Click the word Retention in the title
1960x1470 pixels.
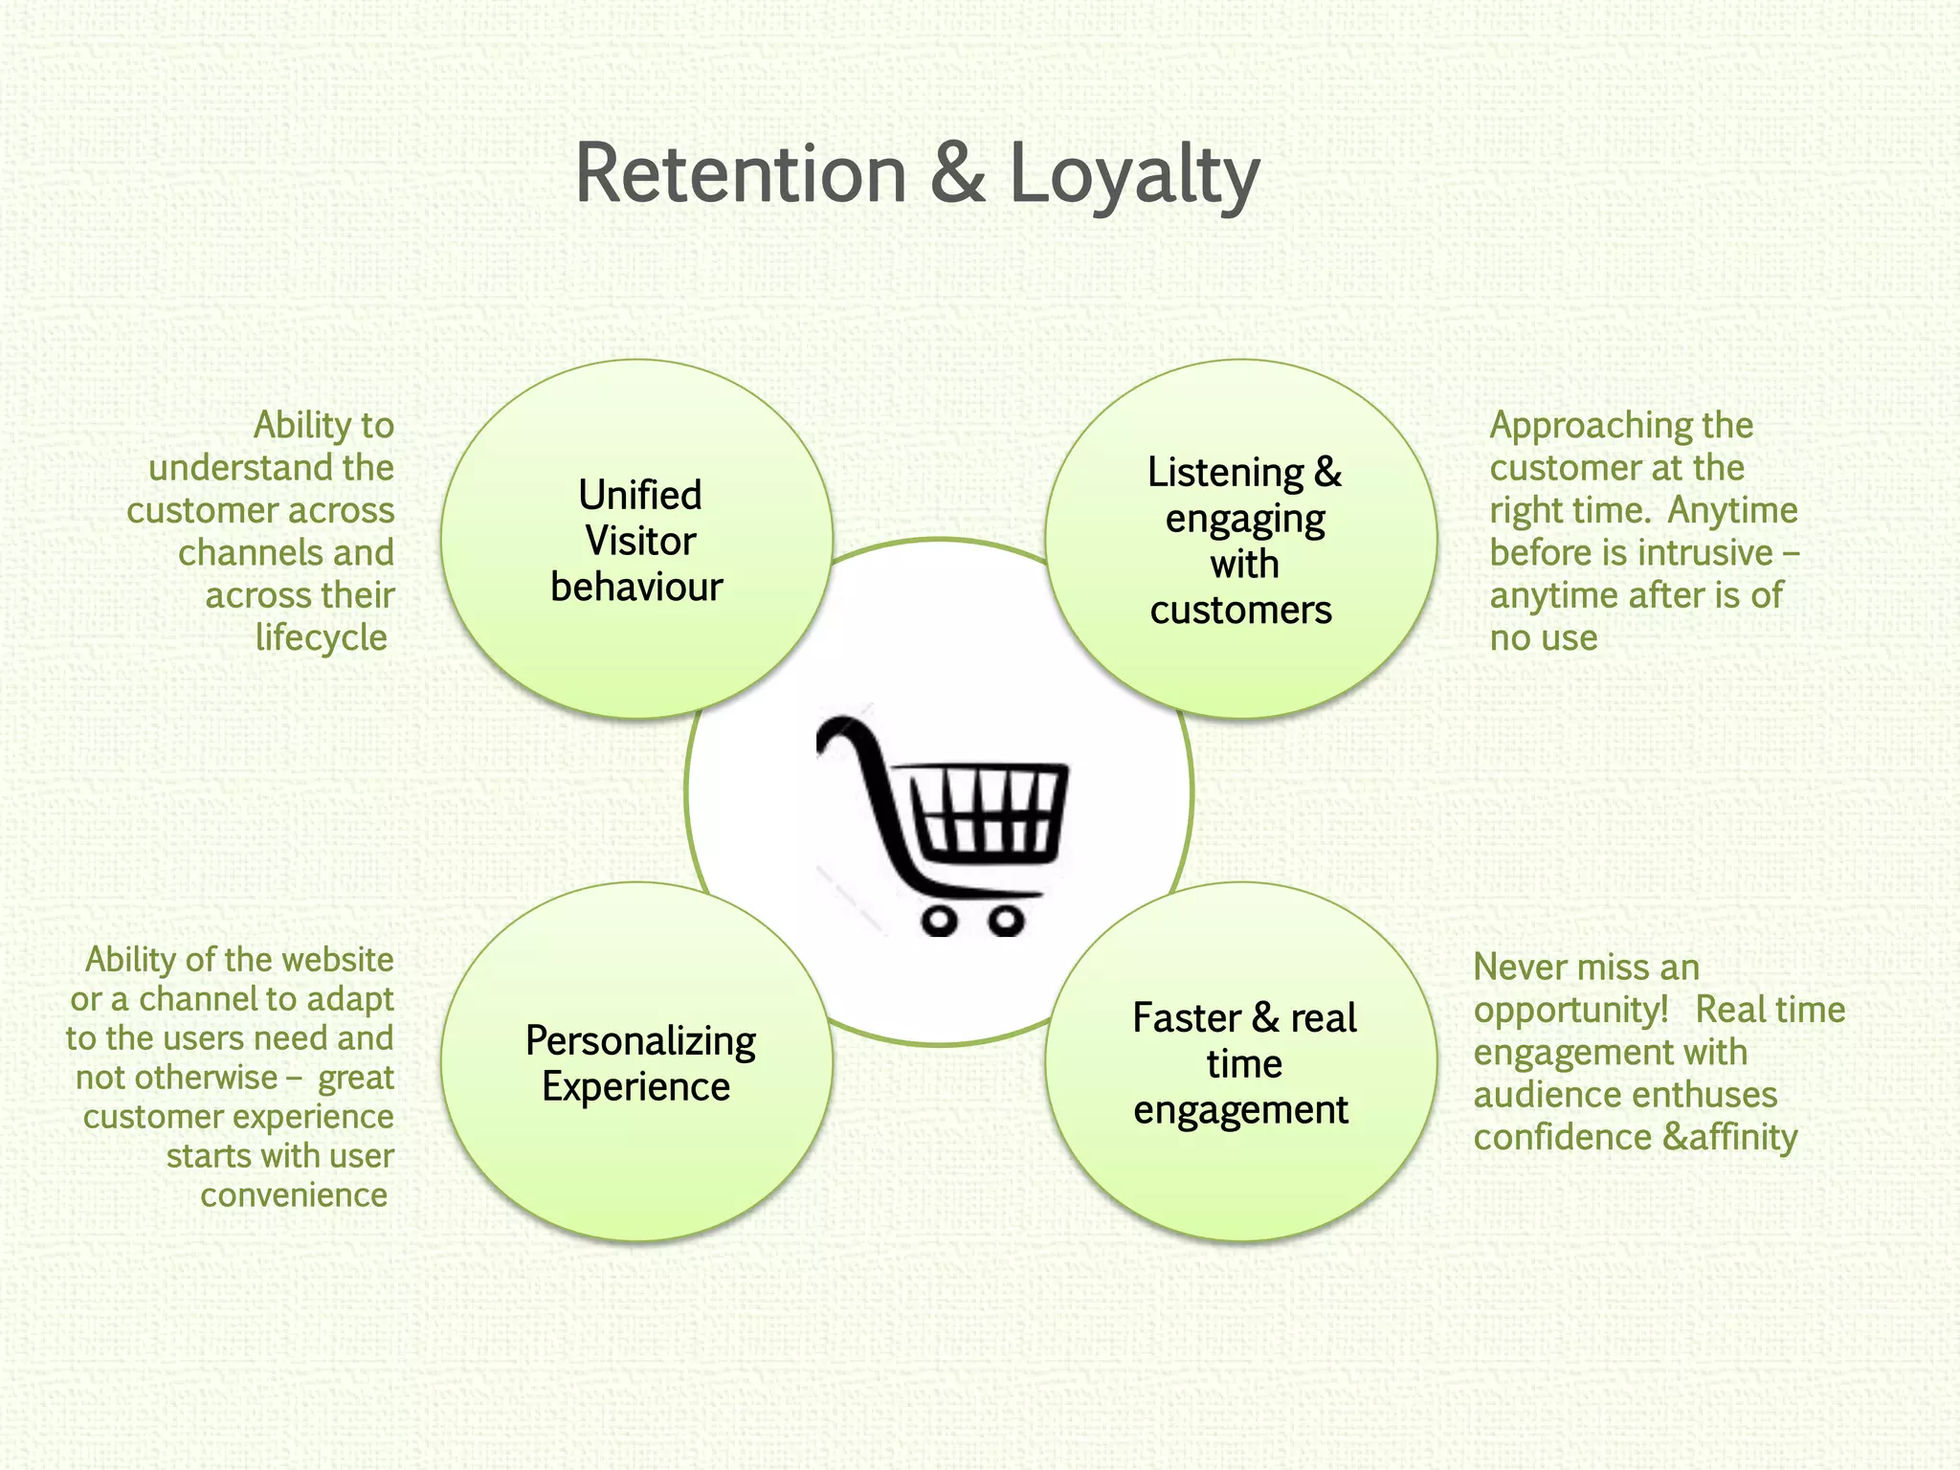tap(740, 175)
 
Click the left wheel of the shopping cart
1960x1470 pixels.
tap(940, 922)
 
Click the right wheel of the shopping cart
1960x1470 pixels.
tap(1006, 922)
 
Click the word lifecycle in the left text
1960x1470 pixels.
tap(321, 638)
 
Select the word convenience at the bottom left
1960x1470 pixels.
tap(294, 1195)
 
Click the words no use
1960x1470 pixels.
tap(1543, 638)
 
